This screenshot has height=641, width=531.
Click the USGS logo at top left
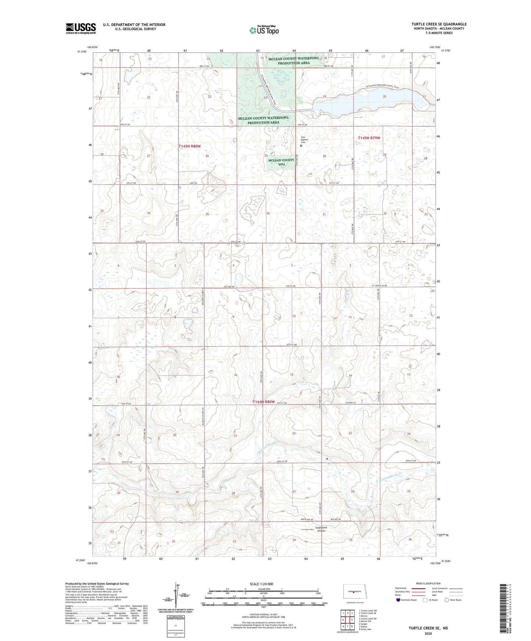pyautogui.click(x=81, y=28)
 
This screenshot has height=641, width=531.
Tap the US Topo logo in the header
pyautogui.click(x=263, y=30)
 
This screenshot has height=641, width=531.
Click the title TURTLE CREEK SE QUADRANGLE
pyautogui.click(x=439, y=24)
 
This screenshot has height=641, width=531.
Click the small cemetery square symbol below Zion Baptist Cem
pyautogui.click(x=301, y=145)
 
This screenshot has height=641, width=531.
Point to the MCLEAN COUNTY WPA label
pyautogui.click(x=281, y=162)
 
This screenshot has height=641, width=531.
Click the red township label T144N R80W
pyautogui.click(x=263, y=402)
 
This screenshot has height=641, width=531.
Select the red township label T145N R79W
pyautogui.click(x=369, y=138)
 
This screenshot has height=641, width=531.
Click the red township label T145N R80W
pyautogui.click(x=190, y=146)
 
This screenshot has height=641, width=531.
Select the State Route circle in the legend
pyautogui.click(x=447, y=600)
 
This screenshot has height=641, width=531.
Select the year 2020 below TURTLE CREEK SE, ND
pyautogui.click(x=428, y=633)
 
